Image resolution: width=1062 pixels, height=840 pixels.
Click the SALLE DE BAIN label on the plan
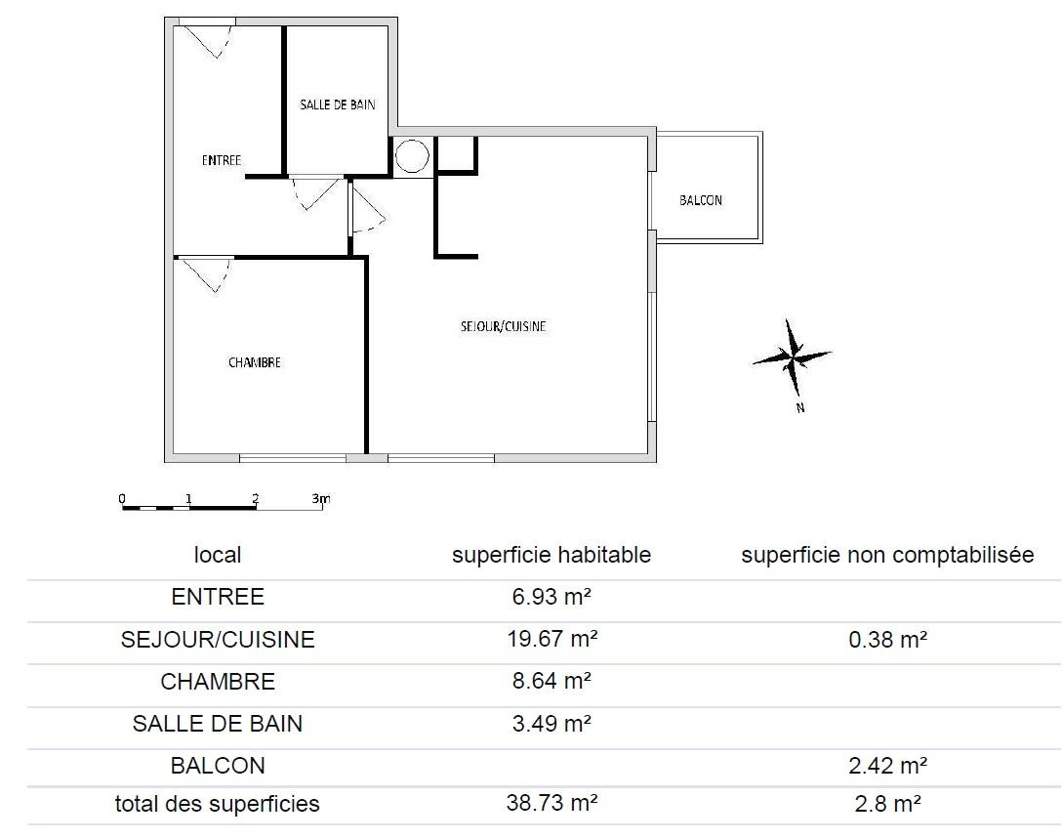(338, 105)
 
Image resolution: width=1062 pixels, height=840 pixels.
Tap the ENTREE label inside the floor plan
(222, 160)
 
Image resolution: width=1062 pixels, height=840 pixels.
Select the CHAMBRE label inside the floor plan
(255, 362)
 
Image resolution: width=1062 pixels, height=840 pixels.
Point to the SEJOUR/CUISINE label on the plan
(504, 326)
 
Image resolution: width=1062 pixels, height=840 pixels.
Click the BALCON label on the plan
(701, 200)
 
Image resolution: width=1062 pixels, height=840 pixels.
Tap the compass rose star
(792, 357)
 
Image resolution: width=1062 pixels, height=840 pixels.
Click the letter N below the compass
(800, 407)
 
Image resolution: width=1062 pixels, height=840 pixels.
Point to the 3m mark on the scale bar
(321, 499)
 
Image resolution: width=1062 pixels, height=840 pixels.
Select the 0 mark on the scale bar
(122, 499)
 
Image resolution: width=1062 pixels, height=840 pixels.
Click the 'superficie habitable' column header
(551, 555)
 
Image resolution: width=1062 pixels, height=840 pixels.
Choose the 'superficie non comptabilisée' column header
(887, 555)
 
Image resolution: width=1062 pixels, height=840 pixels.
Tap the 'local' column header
(218, 555)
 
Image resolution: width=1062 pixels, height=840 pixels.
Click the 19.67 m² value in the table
(552, 639)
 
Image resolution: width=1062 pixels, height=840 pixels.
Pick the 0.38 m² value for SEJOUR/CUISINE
(887, 639)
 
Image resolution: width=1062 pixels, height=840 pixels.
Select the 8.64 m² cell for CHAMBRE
(552, 681)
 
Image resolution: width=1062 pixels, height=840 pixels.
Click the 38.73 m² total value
(552, 803)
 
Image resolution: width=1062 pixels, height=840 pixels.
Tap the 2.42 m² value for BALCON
(887, 766)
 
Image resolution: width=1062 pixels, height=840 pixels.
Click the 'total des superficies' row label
(218, 804)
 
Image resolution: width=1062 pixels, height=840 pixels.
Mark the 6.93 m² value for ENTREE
(552, 597)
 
